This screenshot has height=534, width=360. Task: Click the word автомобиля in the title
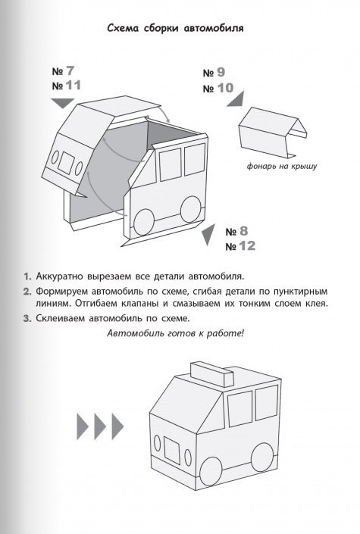click(x=214, y=28)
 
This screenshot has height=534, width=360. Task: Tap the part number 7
click(x=70, y=71)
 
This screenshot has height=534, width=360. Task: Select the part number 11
click(x=74, y=85)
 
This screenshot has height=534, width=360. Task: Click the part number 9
click(x=221, y=72)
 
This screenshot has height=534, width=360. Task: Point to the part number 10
click(x=225, y=88)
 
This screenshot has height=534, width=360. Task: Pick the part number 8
click(x=243, y=231)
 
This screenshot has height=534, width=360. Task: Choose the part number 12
click(x=247, y=245)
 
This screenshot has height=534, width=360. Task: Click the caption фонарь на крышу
click(x=282, y=166)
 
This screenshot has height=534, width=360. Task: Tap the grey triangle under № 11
click(x=63, y=102)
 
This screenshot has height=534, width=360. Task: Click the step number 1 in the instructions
click(x=27, y=276)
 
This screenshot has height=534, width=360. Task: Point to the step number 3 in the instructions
click(x=27, y=319)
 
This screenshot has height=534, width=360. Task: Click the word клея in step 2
click(x=318, y=303)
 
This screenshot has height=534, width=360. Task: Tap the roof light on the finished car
click(x=212, y=374)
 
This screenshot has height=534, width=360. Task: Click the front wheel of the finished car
click(x=211, y=471)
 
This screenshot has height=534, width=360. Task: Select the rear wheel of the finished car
click(x=262, y=457)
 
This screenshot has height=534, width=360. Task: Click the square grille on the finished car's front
click(x=171, y=450)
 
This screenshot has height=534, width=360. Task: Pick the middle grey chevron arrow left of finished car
click(x=100, y=426)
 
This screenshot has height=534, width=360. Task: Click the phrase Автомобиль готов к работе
click(x=175, y=333)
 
